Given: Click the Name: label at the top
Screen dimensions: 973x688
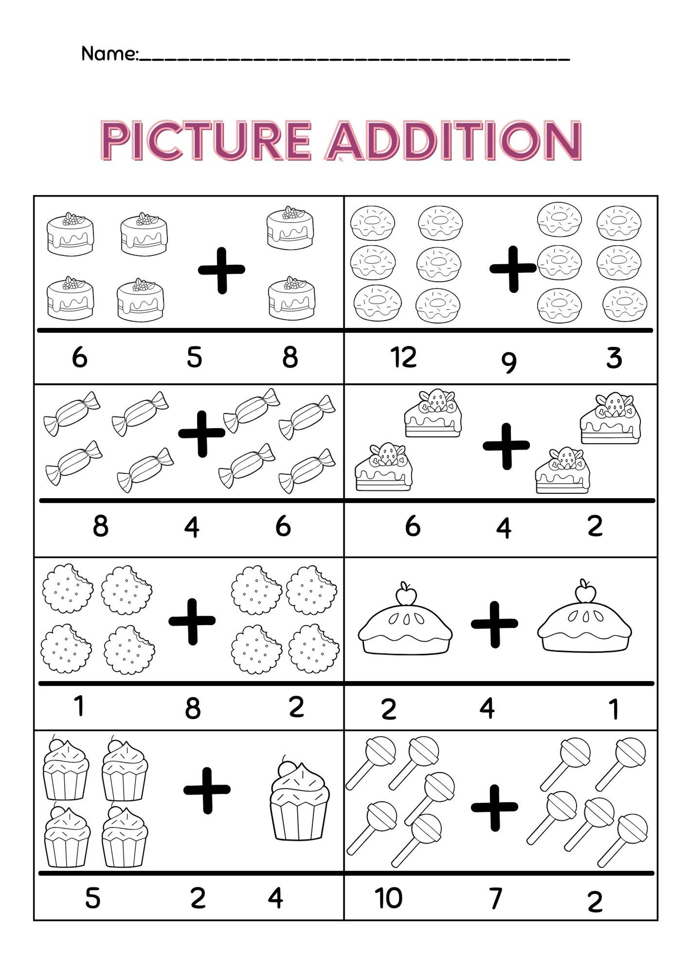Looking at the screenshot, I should coord(109,54).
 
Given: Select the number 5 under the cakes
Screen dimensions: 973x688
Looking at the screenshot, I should coord(194,358).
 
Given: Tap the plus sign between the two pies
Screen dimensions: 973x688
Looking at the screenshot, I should coord(494,624).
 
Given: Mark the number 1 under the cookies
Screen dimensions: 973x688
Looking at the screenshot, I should coord(79,706).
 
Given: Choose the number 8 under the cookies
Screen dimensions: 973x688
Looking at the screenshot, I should coord(193,709).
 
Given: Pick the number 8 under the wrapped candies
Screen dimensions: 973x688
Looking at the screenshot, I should coord(101,526).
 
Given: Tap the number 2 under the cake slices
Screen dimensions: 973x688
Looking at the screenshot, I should coord(595,526).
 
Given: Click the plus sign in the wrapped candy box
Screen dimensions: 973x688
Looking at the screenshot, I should coord(202,434).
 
